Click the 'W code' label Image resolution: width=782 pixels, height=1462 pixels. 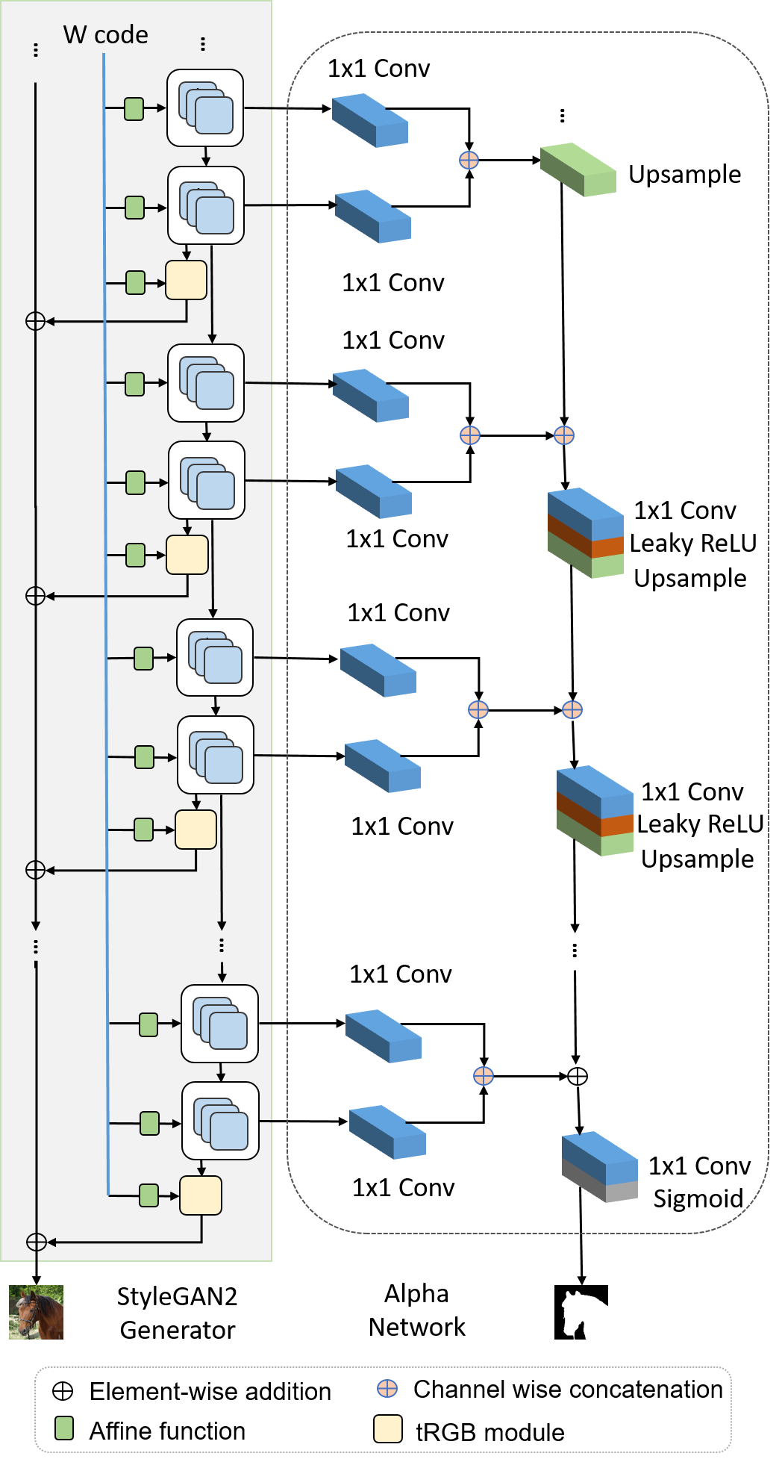105,35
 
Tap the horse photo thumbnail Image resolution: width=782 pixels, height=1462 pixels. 36,1312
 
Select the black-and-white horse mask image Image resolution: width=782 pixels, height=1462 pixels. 581,1312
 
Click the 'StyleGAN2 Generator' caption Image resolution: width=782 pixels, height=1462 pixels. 178,1313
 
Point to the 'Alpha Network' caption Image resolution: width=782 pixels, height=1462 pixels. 416,1310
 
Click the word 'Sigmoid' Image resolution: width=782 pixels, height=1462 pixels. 698,1198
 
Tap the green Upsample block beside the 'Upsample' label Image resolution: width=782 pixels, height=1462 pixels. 578,169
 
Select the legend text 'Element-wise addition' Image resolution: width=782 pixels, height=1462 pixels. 210,1392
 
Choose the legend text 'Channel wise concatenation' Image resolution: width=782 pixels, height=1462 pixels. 568,1390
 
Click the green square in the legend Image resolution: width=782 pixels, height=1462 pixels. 64,1428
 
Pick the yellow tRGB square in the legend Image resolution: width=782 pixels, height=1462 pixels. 388,1428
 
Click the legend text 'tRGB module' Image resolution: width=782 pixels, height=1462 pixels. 489,1432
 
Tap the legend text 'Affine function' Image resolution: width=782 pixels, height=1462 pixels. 167,1431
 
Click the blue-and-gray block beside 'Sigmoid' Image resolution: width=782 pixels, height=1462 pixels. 600,1166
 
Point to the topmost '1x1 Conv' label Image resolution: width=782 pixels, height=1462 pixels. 379,69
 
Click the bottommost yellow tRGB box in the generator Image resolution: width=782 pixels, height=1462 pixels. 201,1195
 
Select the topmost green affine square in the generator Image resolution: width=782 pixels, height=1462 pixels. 134,109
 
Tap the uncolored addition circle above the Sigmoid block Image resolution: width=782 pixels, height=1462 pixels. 578,1076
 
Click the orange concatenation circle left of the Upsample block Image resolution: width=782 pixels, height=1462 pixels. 469,160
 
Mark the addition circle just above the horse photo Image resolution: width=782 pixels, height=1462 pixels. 36,1242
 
